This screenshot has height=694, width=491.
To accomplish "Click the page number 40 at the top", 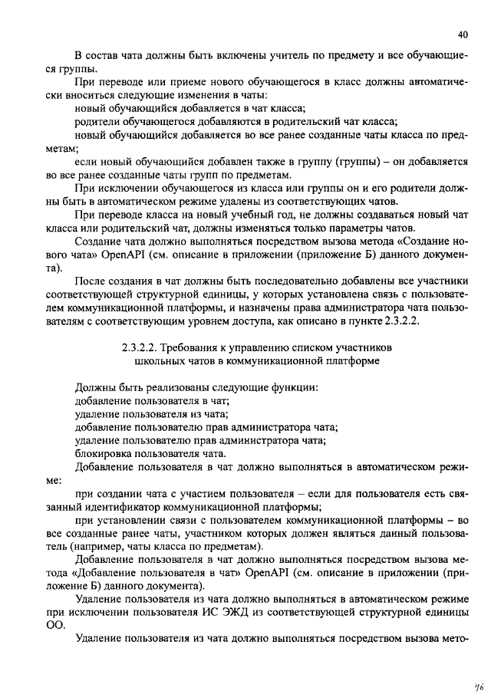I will click(462, 35).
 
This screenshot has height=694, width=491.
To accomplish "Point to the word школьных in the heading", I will click(157, 360).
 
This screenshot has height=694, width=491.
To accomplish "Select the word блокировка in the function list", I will click(104, 453).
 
